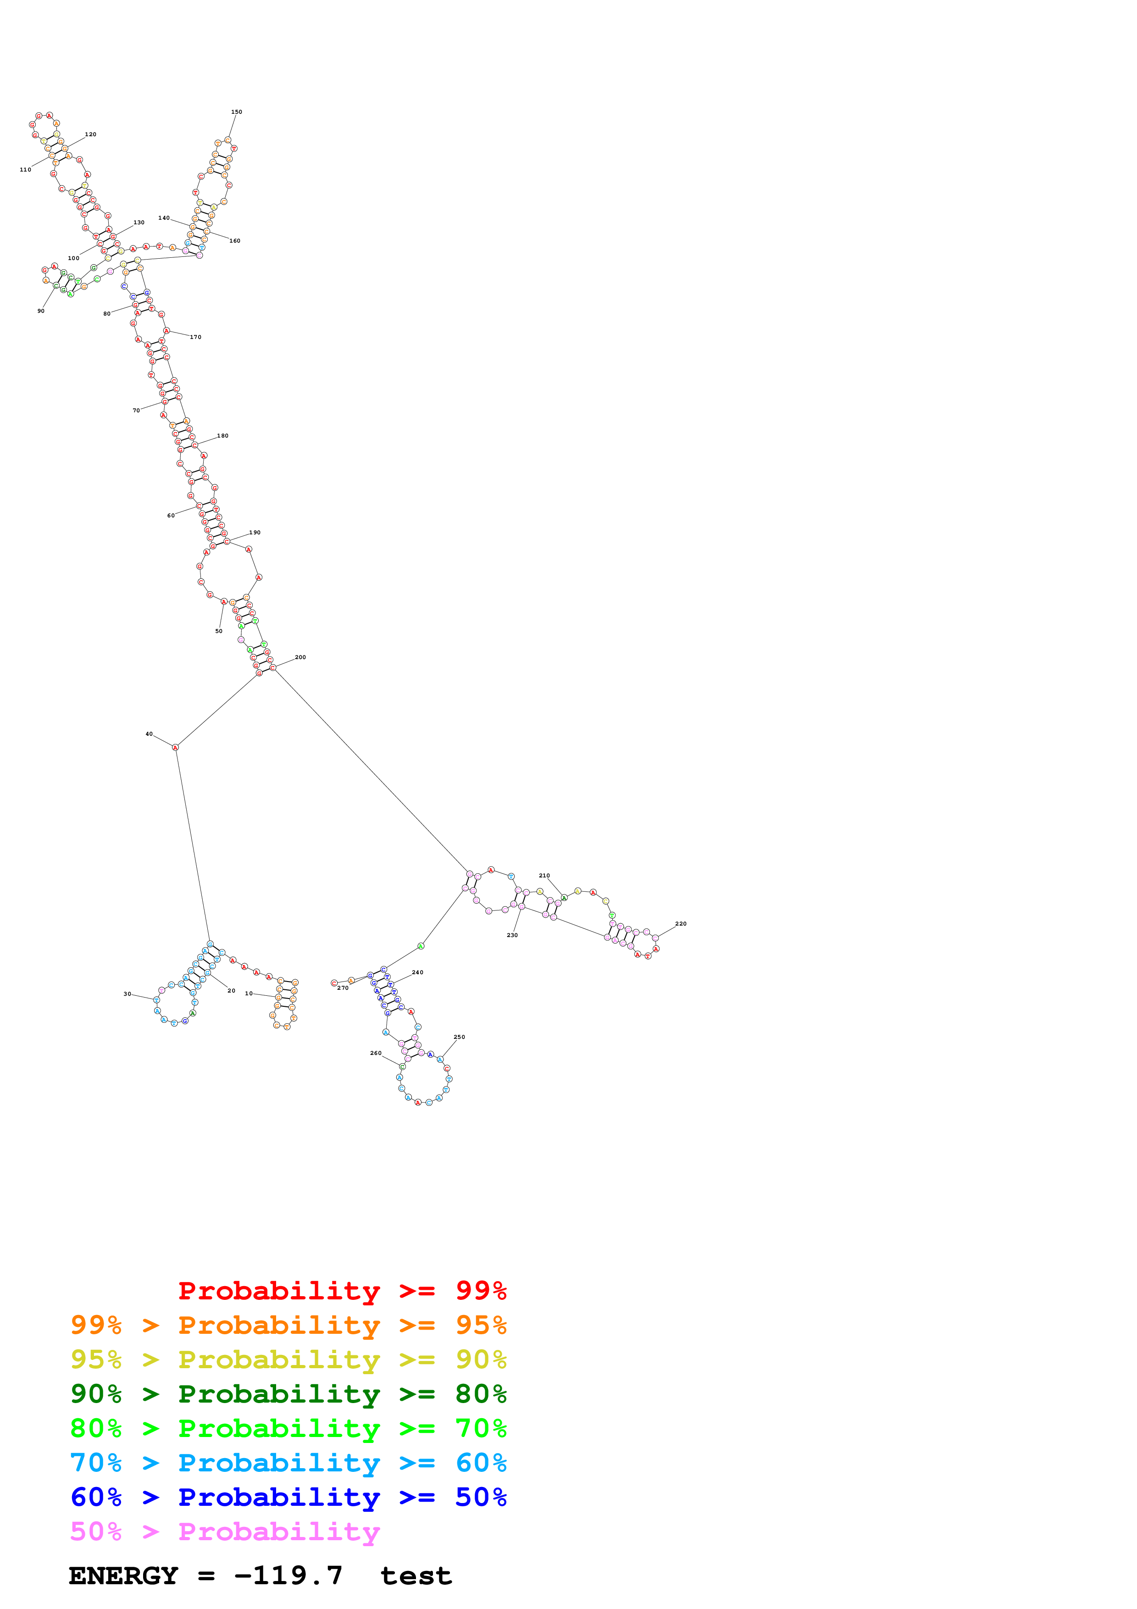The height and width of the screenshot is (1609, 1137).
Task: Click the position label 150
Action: point(237,112)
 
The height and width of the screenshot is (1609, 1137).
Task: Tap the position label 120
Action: point(90,134)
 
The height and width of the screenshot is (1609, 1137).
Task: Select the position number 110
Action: point(25,170)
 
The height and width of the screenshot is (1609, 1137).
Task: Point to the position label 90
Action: point(41,311)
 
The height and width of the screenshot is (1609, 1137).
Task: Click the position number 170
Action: point(195,337)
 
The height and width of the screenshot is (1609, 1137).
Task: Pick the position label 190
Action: point(255,533)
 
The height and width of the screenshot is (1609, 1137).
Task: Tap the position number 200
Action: point(300,657)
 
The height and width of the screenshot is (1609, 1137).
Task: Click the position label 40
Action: point(149,734)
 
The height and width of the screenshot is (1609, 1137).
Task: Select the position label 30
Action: point(127,994)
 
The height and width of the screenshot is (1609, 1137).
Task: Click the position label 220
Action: point(681,924)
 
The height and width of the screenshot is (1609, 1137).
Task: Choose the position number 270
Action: point(343,988)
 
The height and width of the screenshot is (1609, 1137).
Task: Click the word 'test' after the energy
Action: point(416,1576)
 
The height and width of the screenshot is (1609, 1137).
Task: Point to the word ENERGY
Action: point(123,1576)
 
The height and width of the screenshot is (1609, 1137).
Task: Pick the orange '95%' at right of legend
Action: point(481,1325)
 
